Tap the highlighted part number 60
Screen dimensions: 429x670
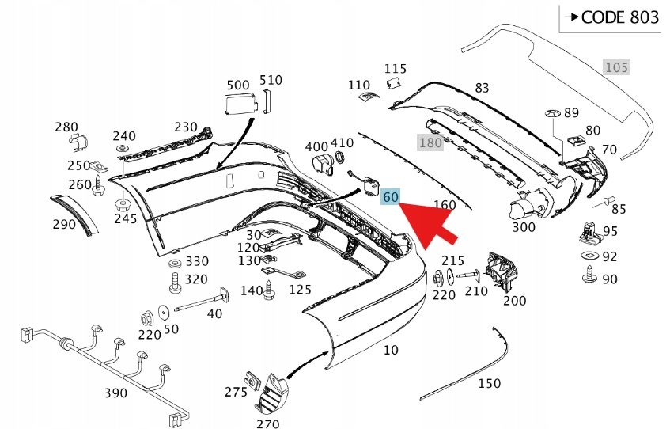coord(390,197)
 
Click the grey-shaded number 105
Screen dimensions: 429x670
coord(617,67)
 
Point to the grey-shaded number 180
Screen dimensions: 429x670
coord(430,143)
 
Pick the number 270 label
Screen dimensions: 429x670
coord(268,423)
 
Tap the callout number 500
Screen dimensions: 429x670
coord(237,85)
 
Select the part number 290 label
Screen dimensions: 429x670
coord(65,224)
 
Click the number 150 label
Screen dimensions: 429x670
coord(489,383)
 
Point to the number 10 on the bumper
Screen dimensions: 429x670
coord(391,349)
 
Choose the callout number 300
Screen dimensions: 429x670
coord(524,226)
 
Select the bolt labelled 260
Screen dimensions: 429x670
coord(97,188)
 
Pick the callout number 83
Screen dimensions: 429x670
coord(482,87)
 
